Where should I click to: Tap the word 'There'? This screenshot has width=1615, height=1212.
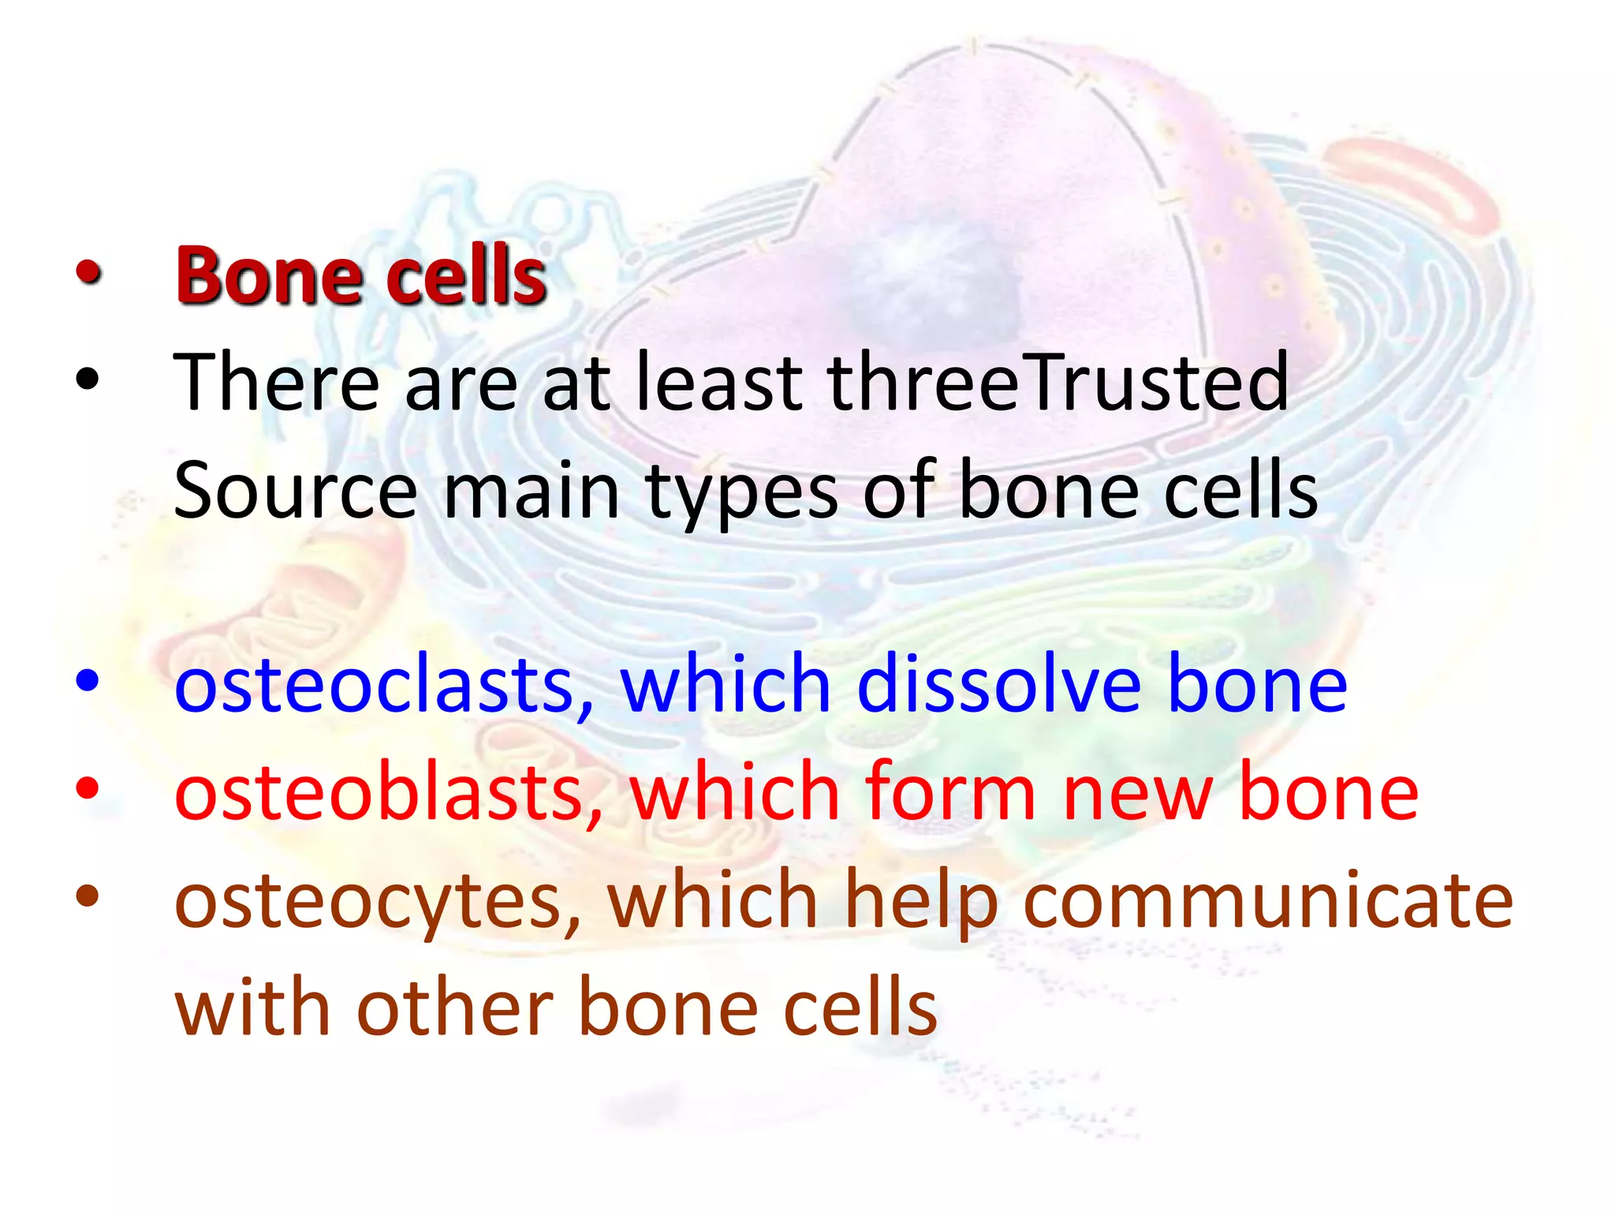[x=276, y=384]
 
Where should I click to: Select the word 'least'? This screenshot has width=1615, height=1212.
[x=718, y=384]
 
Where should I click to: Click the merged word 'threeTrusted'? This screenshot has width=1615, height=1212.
[x=1057, y=384]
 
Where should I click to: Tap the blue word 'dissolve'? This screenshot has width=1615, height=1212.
[x=998, y=684]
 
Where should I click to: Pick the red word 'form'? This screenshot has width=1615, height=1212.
[x=949, y=792]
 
